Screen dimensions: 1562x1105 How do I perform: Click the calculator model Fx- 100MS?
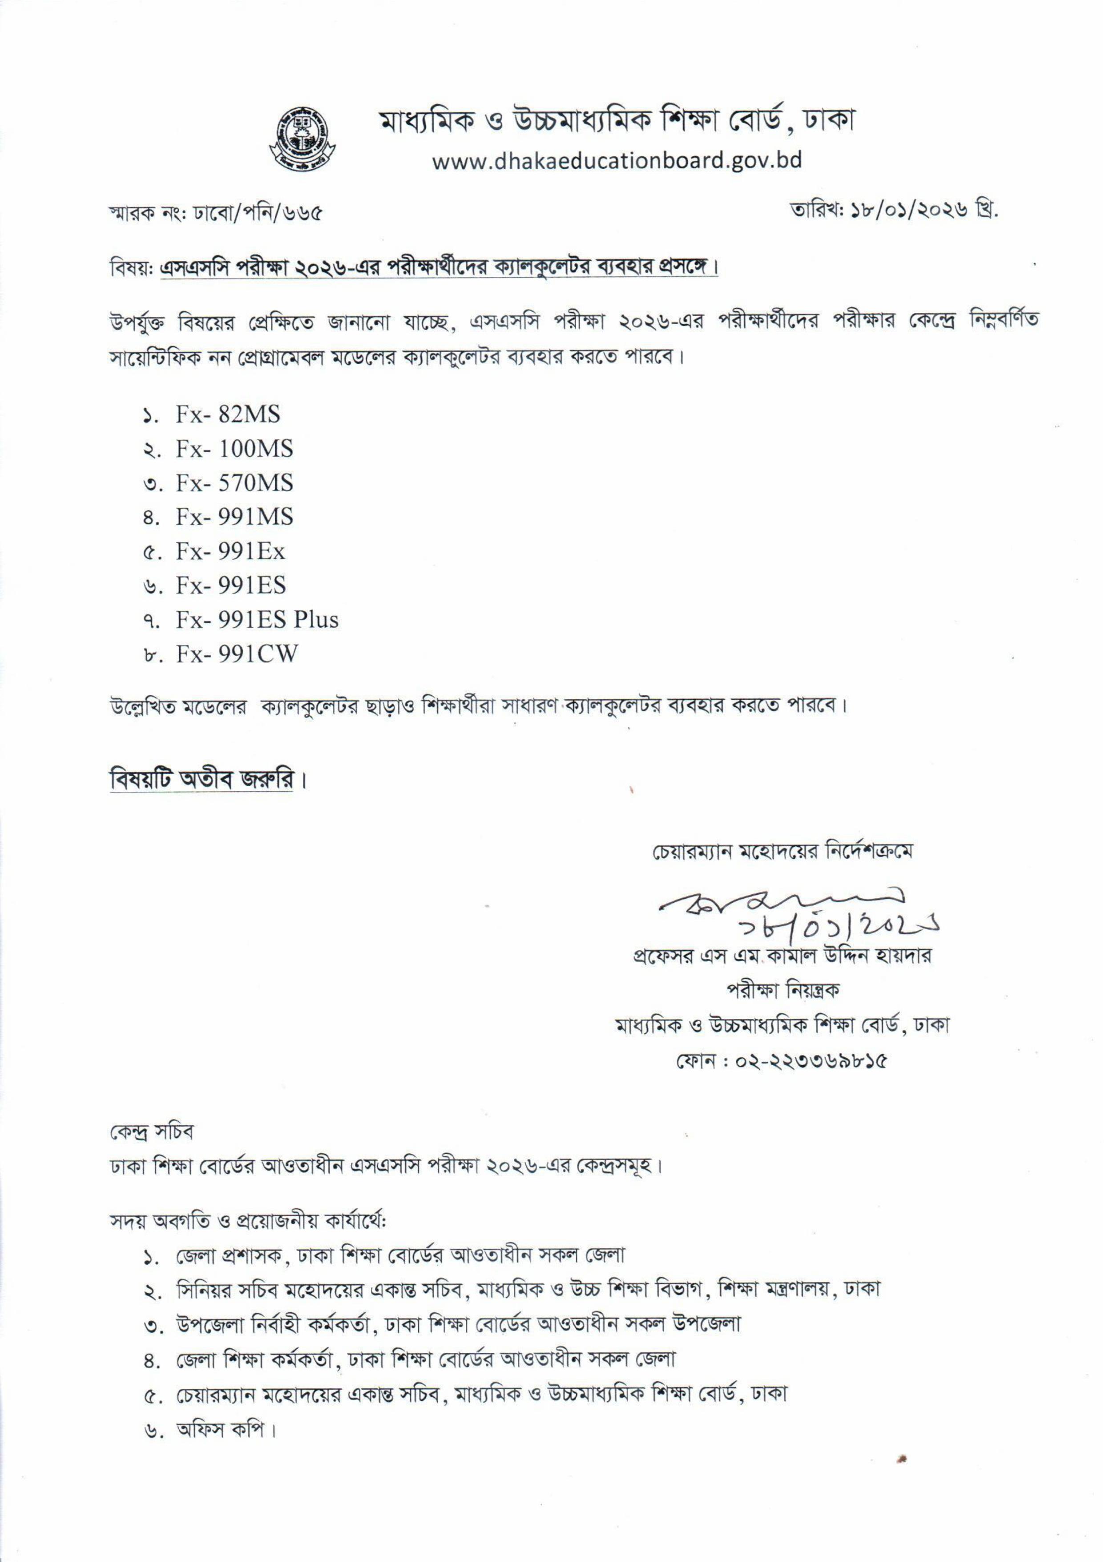[234, 449]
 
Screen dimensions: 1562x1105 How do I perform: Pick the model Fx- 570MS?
[234, 483]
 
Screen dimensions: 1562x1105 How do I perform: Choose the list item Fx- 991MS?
[234, 517]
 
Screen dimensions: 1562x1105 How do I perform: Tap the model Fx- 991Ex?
[230, 551]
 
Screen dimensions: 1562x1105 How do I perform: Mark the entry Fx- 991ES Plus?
[257, 620]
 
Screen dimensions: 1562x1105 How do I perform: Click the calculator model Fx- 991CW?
[237, 653]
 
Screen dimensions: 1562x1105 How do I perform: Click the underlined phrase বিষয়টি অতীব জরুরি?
[203, 779]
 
